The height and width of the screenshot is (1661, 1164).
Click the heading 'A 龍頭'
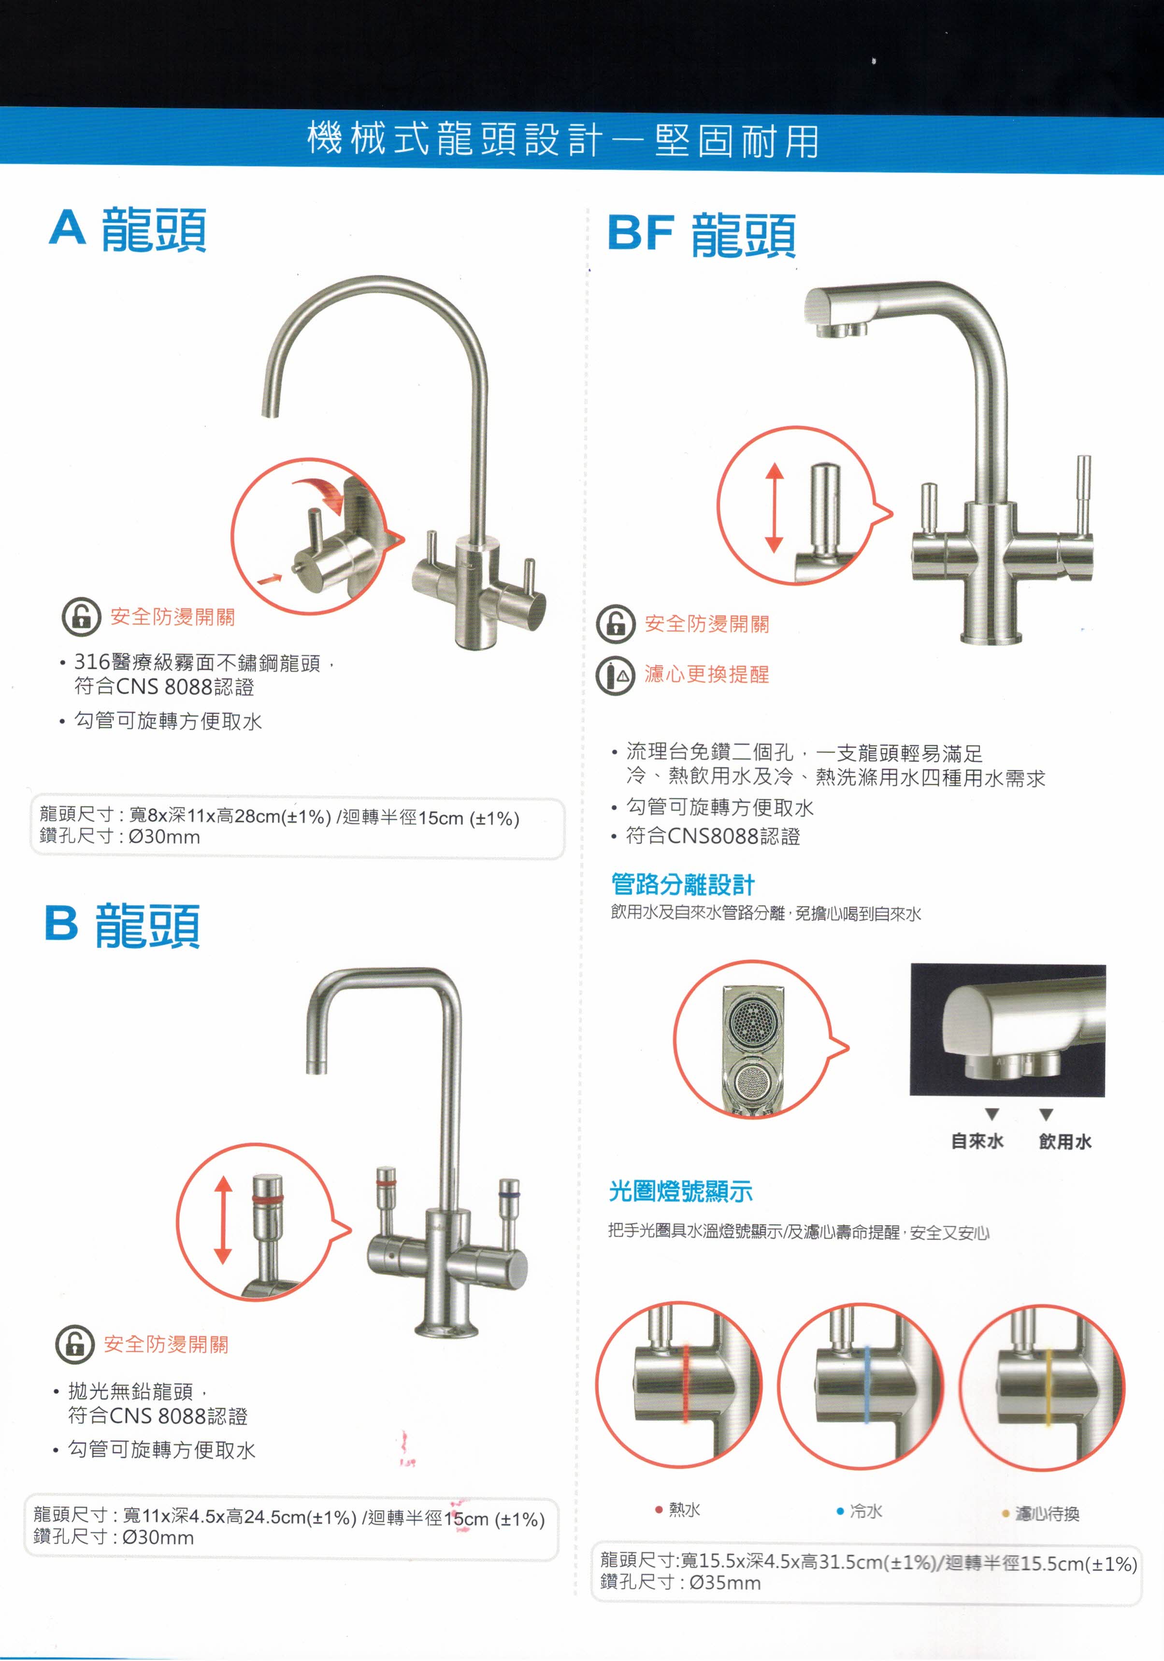(x=128, y=230)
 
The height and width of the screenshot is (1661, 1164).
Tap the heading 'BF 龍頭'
(x=702, y=235)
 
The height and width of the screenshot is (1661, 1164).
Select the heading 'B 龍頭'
(x=122, y=925)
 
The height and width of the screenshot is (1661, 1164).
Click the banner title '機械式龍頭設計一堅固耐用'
(x=563, y=140)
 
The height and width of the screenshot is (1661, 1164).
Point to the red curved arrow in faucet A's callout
(x=324, y=493)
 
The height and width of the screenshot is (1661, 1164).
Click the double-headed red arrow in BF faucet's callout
(x=774, y=508)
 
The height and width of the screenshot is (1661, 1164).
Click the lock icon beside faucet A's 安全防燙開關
(x=81, y=616)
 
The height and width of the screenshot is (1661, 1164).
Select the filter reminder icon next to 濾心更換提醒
(x=615, y=675)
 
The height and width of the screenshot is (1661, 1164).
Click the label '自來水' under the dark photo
(x=977, y=1141)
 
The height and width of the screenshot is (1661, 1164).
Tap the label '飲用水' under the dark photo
(x=1065, y=1141)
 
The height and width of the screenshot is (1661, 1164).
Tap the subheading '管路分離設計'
(x=682, y=884)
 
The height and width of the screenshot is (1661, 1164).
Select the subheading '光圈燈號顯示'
(x=680, y=1191)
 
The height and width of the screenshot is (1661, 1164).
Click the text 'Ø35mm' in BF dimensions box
(x=725, y=1583)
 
